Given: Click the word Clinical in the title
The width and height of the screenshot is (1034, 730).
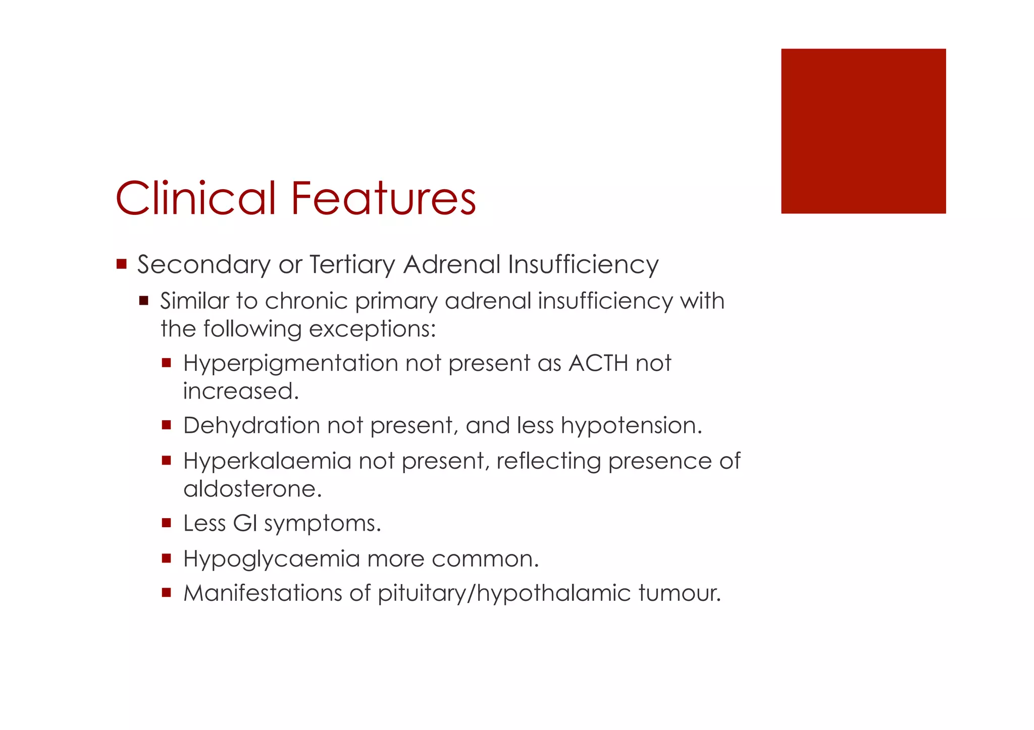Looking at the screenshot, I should click(x=196, y=198).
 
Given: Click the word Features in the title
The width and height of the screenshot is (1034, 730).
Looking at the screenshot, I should click(x=383, y=198).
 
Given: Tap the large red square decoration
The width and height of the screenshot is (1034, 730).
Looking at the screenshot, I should click(x=863, y=131).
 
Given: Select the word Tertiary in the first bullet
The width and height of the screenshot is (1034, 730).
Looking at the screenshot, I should click(x=352, y=265).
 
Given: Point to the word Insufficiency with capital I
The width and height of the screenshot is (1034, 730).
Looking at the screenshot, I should click(x=583, y=264).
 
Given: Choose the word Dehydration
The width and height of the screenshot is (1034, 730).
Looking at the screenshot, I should click(x=251, y=425).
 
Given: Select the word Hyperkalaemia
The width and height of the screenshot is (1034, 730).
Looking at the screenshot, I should click(x=267, y=461).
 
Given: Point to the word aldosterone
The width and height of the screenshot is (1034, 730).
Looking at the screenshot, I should click(x=252, y=489).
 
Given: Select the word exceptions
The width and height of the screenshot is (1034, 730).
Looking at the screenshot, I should click(x=372, y=329).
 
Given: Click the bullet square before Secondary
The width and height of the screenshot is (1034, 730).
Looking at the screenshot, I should click(x=121, y=264).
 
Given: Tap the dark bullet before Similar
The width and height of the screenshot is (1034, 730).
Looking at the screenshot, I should click(x=144, y=301).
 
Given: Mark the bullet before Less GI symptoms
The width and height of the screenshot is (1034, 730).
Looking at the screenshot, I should click(x=167, y=523).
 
